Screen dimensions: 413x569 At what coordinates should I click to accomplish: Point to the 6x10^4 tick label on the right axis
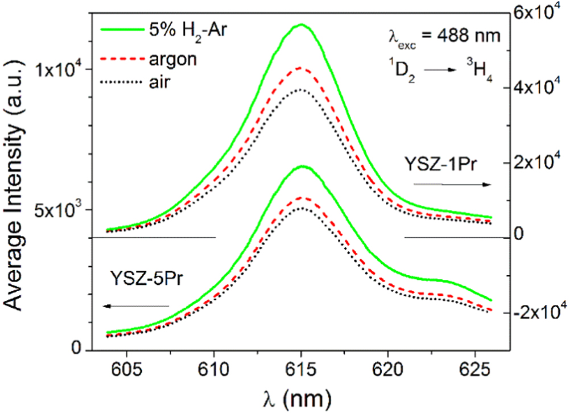tap(539, 14)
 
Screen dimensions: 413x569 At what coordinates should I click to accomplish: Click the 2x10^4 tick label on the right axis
tap(539, 163)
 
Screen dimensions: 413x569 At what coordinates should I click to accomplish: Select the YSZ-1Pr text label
tap(442, 165)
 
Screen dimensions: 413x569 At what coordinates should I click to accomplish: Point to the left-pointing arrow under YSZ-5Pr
tap(137, 307)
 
